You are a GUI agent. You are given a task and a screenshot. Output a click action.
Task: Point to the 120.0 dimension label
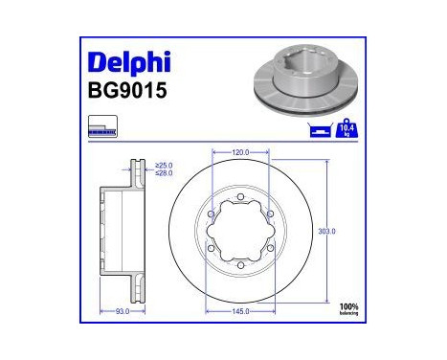[241, 152]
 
